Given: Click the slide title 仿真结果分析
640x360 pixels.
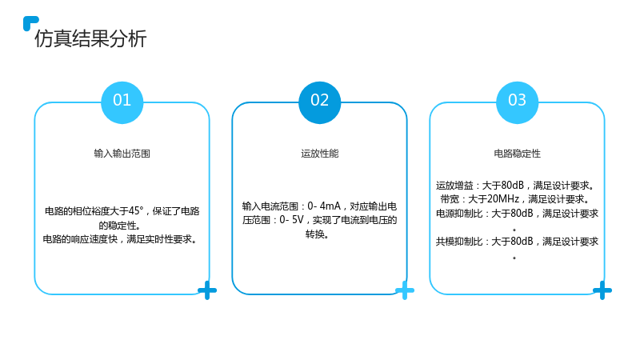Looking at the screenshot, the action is [x=90, y=38].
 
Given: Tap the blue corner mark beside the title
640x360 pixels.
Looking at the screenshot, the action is [x=30, y=22].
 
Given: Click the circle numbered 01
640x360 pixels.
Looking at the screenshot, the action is [x=122, y=102].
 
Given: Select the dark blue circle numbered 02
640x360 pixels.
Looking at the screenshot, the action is [x=319, y=102].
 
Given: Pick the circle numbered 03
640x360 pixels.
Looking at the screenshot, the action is [x=517, y=102].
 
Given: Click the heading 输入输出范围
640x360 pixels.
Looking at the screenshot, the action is [x=122, y=154].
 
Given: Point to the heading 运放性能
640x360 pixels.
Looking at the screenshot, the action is [x=319, y=154].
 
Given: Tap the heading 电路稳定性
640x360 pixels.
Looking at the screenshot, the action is [x=517, y=154].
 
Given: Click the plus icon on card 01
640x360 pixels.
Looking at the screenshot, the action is [x=207, y=290].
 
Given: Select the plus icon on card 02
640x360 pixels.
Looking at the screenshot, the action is [x=405, y=290].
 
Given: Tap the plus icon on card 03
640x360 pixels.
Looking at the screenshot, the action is [x=602, y=290].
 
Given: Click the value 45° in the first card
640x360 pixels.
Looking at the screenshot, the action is [x=136, y=211].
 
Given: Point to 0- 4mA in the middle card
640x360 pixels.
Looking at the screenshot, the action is [x=324, y=206].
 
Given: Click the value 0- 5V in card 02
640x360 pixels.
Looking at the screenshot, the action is [x=291, y=220].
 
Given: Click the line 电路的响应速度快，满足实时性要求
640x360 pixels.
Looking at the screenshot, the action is [x=120, y=239].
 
